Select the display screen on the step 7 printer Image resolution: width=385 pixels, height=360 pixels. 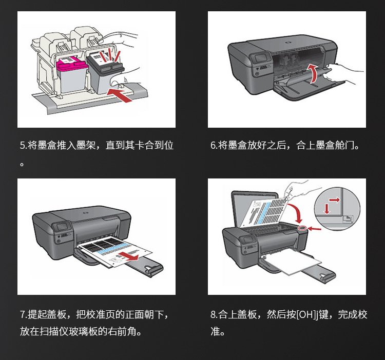(x=64, y=226)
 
